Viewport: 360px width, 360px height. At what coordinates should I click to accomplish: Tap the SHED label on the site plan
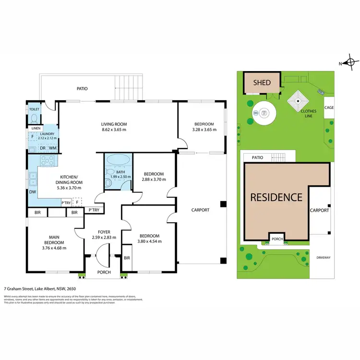(262, 83)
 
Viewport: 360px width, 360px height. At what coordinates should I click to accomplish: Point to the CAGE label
(329, 108)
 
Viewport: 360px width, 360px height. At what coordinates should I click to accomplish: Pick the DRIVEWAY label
(324, 258)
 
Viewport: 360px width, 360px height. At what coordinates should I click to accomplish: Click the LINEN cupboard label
(36, 128)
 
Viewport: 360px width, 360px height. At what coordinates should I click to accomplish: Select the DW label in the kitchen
(32, 192)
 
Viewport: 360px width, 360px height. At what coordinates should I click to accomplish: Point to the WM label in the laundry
(53, 148)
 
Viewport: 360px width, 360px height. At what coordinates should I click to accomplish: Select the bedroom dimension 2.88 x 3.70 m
(154, 180)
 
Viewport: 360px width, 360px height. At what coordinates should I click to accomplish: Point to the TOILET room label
(34, 109)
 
